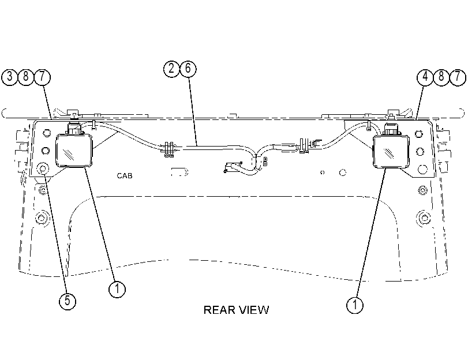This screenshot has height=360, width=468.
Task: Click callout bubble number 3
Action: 10,77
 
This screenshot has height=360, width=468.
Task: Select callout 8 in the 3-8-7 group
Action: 26,77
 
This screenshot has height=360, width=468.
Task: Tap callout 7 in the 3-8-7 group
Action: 42,77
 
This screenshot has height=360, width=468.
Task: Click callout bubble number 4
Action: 425,77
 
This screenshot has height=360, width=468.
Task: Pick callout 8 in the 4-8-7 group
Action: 441,77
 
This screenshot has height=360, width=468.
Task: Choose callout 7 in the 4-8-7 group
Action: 458,77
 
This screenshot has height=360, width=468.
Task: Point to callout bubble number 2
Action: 171,69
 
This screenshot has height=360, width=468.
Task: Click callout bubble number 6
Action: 188,69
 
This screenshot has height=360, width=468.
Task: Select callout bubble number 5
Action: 68,301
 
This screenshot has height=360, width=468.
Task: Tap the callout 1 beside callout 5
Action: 117,289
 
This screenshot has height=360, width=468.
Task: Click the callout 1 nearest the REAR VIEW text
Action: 355,305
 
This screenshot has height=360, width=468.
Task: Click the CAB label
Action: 125,176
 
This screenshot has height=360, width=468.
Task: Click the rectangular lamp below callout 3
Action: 74,150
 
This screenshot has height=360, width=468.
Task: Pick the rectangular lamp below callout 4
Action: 391,151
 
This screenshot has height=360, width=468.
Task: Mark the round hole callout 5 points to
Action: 42,169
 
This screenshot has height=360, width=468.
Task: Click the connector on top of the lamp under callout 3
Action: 74,127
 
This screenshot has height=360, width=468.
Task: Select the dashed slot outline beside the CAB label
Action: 179,172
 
